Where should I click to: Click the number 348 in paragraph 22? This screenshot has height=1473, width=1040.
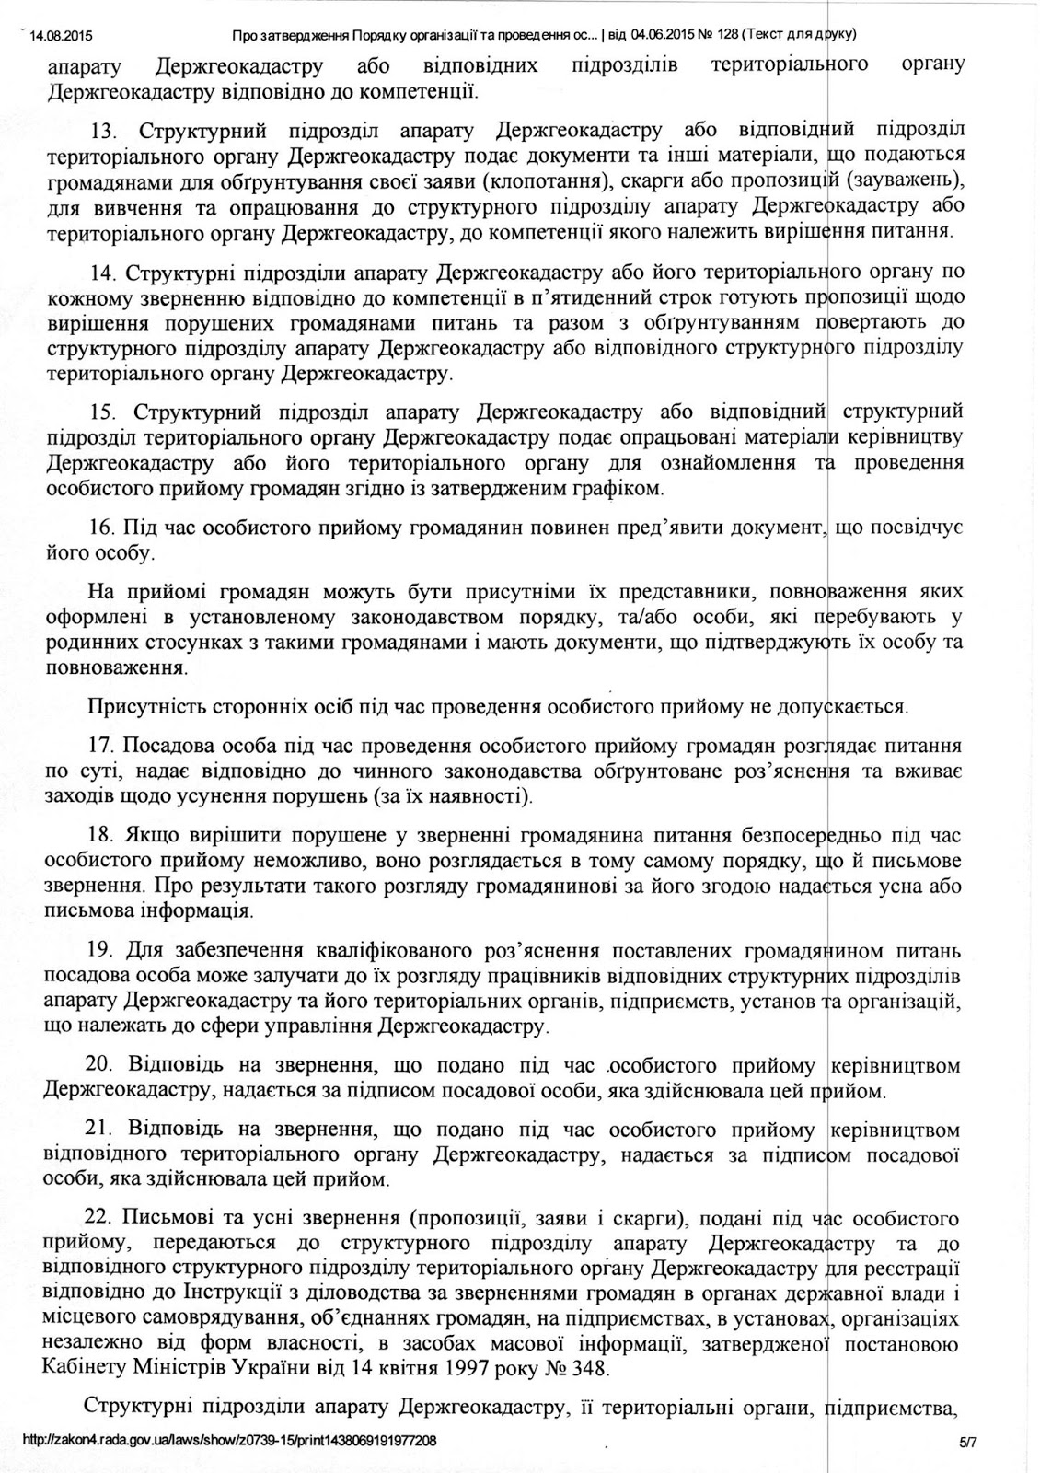(x=588, y=1368)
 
